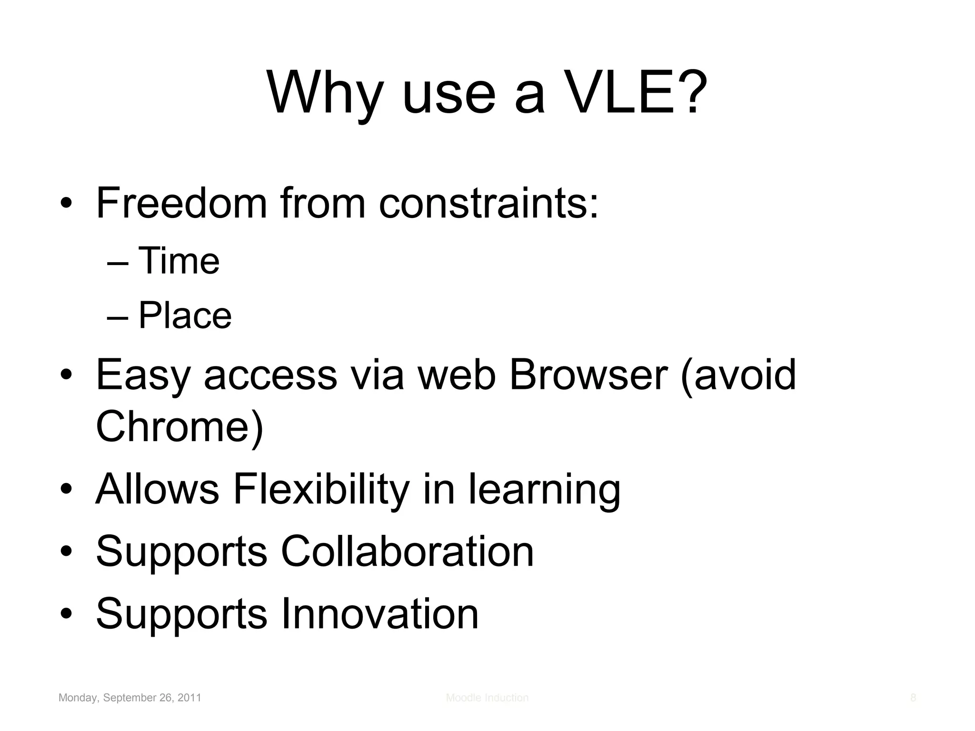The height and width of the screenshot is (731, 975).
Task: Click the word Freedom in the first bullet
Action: pos(181,203)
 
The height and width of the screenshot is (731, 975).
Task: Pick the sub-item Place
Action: pos(185,316)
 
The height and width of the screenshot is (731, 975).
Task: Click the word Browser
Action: pos(588,375)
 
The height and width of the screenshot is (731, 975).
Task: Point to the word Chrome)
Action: pos(179,426)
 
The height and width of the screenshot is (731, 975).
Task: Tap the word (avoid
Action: pos(738,375)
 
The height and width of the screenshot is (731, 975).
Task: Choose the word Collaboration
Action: pos(407,552)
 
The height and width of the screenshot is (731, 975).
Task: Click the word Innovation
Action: pos(379,614)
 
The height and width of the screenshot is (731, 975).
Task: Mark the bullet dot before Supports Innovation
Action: pos(66,614)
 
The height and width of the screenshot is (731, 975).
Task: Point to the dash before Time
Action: pos(118,263)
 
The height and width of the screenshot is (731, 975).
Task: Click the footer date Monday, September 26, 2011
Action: pos(129,698)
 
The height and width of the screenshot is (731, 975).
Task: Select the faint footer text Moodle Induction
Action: pos(487,698)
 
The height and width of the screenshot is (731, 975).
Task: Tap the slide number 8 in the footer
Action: pos(913,698)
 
